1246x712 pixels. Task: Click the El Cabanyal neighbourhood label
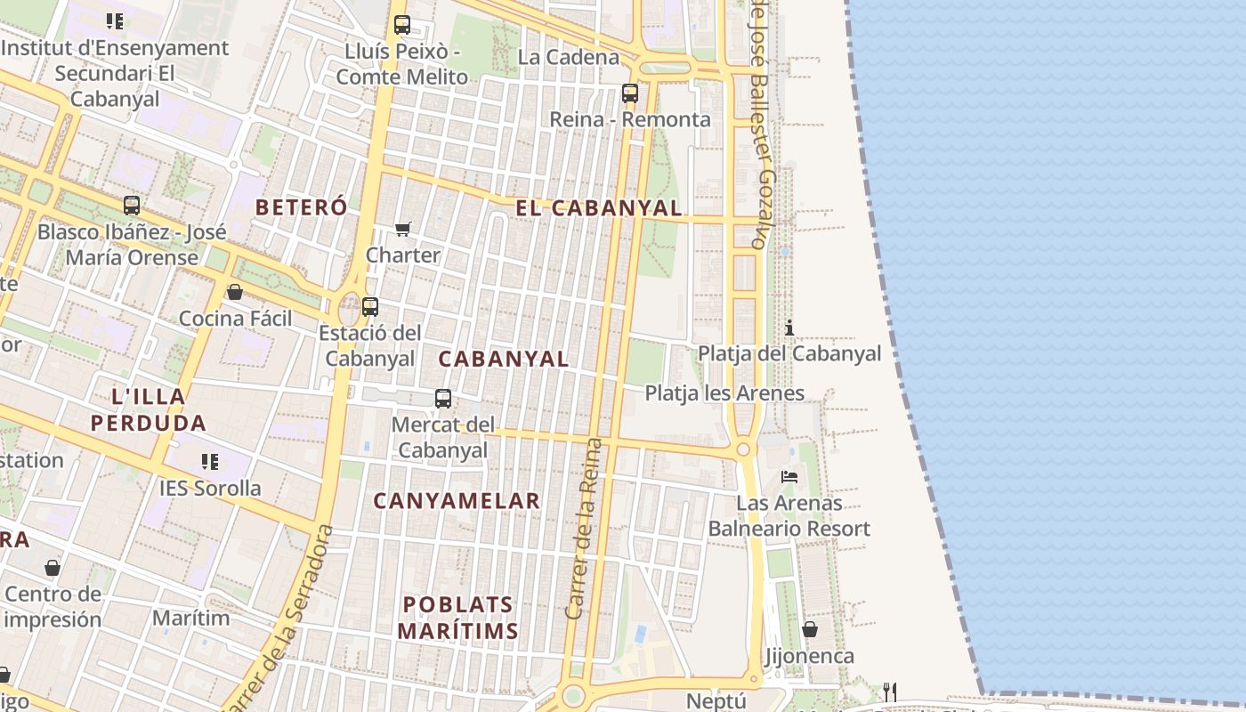(x=598, y=208)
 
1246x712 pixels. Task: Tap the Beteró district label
(x=301, y=207)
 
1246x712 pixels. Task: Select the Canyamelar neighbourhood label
(x=457, y=501)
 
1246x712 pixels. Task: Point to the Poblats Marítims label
(x=457, y=618)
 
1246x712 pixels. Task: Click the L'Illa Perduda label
(x=149, y=409)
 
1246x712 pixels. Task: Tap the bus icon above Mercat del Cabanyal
(x=443, y=398)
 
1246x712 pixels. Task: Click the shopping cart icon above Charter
(x=402, y=230)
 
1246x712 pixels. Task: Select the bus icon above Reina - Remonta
(x=630, y=93)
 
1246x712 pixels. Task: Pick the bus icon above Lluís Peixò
(x=402, y=25)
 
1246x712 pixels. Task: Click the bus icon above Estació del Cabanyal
(x=370, y=306)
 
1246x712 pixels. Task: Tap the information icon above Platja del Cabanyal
(x=789, y=328)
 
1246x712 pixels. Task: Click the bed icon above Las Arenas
(x=789, y=476)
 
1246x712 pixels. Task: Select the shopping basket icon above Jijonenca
(x=810, y=630)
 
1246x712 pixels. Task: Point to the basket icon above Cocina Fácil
(x=235, y=292)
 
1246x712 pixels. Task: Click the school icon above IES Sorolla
(x=210, y=461)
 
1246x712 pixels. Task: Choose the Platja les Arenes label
(x=724, y=392)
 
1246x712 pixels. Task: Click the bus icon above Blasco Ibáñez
(x=132, y=206)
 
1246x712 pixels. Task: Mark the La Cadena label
(x=568, y=57)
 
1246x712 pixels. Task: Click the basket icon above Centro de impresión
(x=53, y=567)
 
